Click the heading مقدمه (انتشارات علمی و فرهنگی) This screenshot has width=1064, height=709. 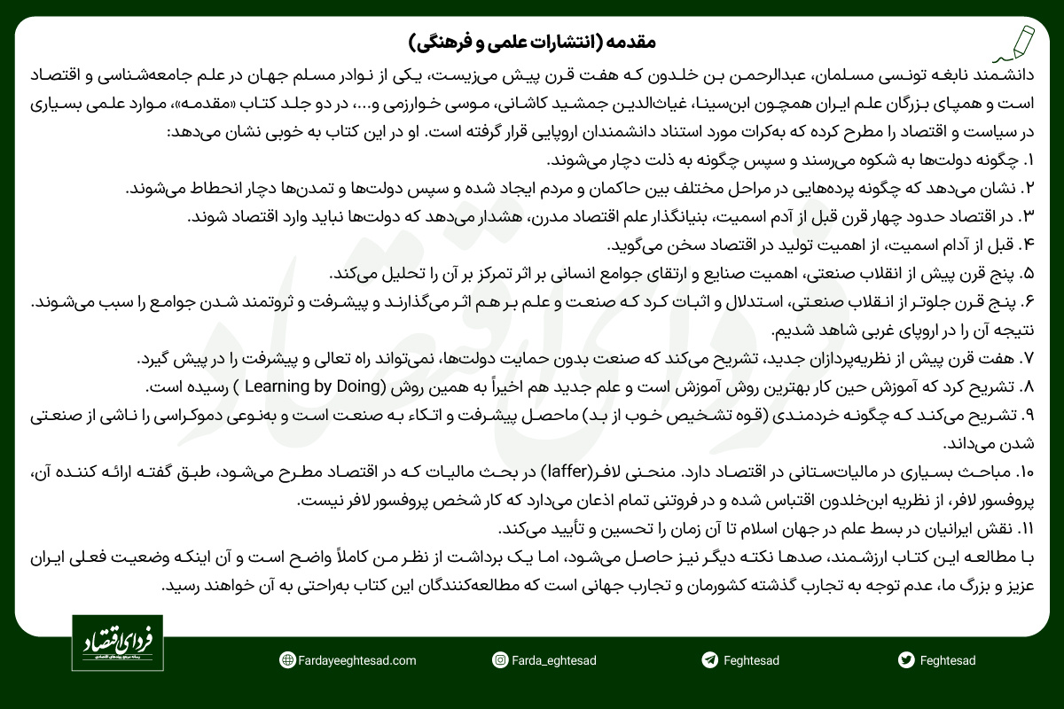pyautogui.click(x=532, y=42)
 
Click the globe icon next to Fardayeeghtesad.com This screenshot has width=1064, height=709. pyautogui.click(x=286, y=660)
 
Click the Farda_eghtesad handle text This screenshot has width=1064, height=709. pyautogui.click(x=555, y=660)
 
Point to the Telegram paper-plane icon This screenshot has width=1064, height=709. pyautogui.click(x=708, y=660)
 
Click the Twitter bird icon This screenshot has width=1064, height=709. pyautogui.click(x=905, y=660)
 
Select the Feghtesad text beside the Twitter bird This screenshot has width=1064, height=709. pyautogui.click(x=948, y=660)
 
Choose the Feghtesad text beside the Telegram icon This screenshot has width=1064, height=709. pyautogui.click(x=750, y=660)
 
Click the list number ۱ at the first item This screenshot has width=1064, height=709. pyautogui.click(x=1029, y=161)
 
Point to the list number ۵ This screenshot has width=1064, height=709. pyautogui.click(x=1029, y=272)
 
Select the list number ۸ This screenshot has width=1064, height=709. pyautogui.click(x=1029, y=387)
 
